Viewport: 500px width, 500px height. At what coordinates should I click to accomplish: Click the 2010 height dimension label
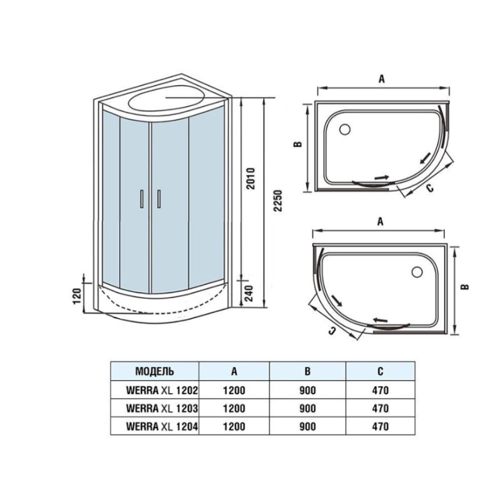point(251,178)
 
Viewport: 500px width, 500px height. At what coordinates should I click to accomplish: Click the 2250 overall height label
point(278,201)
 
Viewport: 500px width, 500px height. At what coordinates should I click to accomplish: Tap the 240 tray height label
point(248,293)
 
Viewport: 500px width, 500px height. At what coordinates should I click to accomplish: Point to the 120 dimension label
point(77,296)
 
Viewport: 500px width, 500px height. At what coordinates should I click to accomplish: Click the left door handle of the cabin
point(141,199)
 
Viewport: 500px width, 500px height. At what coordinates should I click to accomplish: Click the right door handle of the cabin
point(159,199)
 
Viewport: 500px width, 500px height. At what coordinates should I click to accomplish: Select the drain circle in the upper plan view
point(345,129)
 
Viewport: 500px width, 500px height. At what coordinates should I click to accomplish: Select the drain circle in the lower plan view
point(417,272)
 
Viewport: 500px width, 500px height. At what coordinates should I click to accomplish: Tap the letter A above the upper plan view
point(382,79)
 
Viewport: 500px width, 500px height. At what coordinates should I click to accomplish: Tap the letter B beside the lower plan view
point(465,286)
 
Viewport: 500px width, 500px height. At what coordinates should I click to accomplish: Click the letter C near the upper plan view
point(430,188)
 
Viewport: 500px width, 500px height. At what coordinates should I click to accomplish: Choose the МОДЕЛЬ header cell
point(154,371)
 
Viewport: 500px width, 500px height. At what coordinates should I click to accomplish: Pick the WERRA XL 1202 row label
point(162,390)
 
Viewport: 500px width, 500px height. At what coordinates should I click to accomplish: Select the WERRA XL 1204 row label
point(162,426)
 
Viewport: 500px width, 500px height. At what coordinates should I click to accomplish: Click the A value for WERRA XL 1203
point(234,409)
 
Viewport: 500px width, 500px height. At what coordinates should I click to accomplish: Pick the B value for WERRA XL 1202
point(307,390)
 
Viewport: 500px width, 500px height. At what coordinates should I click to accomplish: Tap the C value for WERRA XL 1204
point(380,426)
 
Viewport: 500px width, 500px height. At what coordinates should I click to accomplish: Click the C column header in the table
point(380,371)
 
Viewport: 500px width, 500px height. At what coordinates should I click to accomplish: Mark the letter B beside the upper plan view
point(297,144)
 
